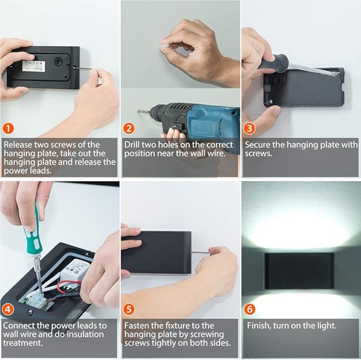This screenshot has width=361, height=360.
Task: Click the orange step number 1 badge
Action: (8, 128)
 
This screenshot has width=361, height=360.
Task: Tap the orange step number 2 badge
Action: (129, 128)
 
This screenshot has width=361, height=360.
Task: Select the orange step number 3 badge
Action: (249, 128)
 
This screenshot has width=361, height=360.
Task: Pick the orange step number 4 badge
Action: (8, 309)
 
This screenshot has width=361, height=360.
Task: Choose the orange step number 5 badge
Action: (129, 309)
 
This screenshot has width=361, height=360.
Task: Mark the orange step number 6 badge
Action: (249, 309)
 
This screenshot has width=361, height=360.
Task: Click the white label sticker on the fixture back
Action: (33, 66)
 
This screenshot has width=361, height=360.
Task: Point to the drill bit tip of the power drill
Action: (138, 112)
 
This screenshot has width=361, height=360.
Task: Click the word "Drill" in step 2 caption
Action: (132, 145)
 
